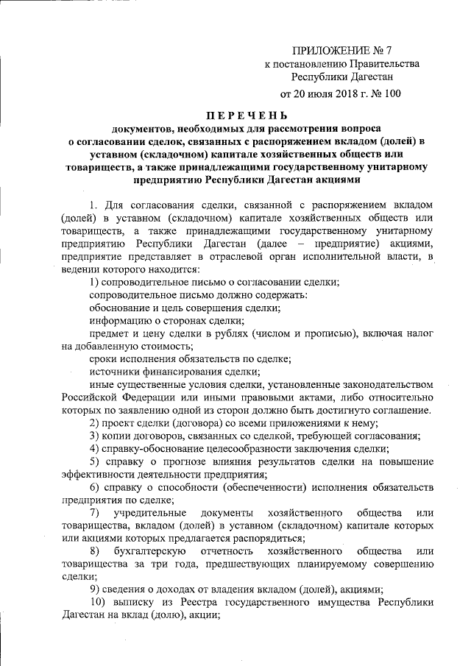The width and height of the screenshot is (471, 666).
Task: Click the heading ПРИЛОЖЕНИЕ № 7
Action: click(x=341, y=50)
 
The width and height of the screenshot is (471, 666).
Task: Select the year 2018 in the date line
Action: click(x=344, y=94)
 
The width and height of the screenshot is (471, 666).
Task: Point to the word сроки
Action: click(x=104, y=359)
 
